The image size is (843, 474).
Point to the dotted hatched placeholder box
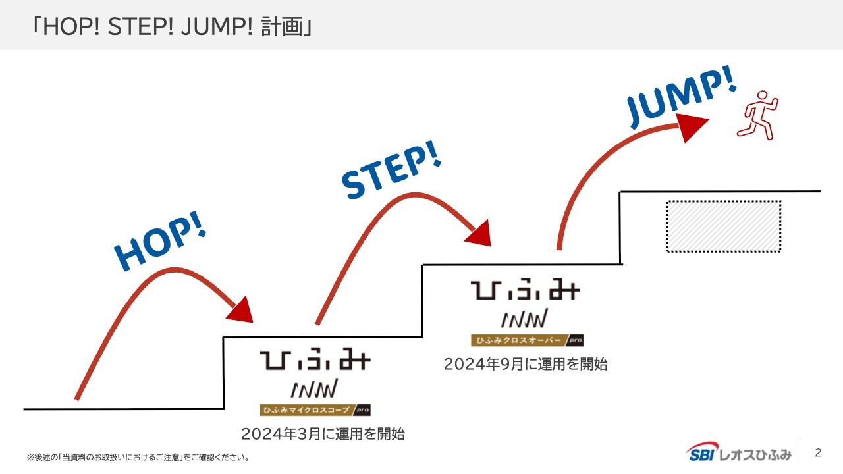pos(723,226)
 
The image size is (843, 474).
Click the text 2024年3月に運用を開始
pos(323,434)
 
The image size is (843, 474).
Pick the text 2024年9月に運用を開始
pos(525,364)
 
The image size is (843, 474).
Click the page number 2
pos(819,452)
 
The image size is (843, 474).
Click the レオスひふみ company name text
pos(754,453)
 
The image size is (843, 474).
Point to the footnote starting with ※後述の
pos(138,457)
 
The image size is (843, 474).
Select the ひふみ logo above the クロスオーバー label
pos(526,291)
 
